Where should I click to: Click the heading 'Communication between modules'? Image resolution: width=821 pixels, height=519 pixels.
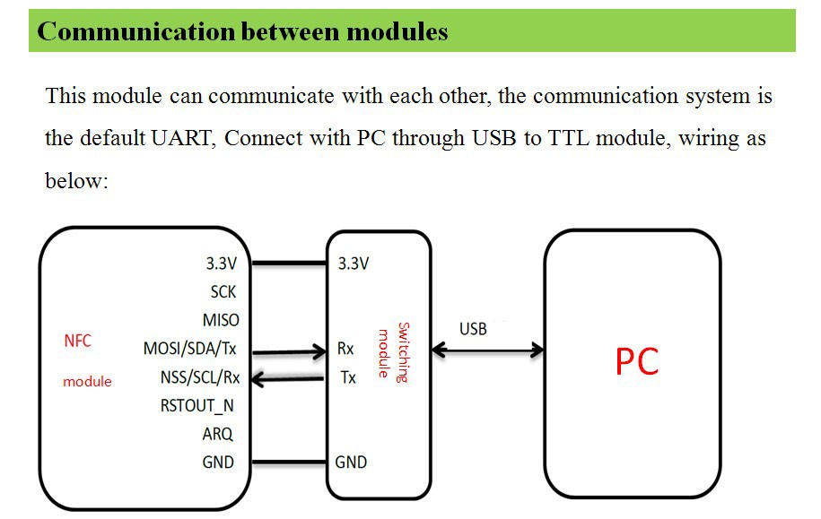point(242,32)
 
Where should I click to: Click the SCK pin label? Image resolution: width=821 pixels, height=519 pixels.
point(223,292)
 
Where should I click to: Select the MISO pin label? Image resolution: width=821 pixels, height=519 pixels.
point(221,320)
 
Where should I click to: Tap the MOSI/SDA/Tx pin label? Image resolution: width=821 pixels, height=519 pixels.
point(196,349)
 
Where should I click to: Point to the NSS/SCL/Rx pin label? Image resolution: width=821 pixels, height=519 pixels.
point(199,377)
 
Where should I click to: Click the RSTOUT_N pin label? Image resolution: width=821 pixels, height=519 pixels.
point(197,406)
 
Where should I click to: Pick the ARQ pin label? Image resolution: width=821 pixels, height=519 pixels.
point(217,435)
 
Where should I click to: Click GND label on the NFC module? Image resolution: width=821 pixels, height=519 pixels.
point(218,463)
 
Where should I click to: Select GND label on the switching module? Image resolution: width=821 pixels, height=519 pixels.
point(351,463)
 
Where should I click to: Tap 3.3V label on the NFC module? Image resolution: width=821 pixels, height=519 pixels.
point(221,264)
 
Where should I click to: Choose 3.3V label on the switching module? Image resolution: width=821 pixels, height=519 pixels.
point(354,264)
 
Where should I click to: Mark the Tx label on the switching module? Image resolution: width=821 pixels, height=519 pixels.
point(347,377)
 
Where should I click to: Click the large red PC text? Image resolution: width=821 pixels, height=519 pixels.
point(637,362)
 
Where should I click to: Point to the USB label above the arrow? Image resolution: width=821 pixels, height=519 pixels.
point(473,329)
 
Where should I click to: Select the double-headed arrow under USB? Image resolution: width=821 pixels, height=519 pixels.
point(486,350)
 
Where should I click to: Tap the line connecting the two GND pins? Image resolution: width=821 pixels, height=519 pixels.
point(289,463)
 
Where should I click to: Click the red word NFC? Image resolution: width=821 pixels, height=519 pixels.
point(78,342)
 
